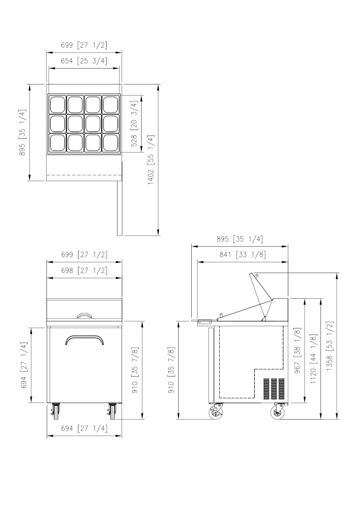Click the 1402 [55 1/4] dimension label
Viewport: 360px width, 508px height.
coord(151,160)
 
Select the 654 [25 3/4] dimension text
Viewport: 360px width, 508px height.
coord(84,61)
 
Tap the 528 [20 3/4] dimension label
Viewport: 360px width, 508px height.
coord(134,124)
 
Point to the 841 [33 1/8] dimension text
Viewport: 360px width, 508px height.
coord(242,254)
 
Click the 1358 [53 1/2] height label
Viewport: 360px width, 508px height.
coord(330,346)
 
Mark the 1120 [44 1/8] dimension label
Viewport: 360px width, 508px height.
coord(313,359)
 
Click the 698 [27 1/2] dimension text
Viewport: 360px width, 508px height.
coord(84,270)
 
